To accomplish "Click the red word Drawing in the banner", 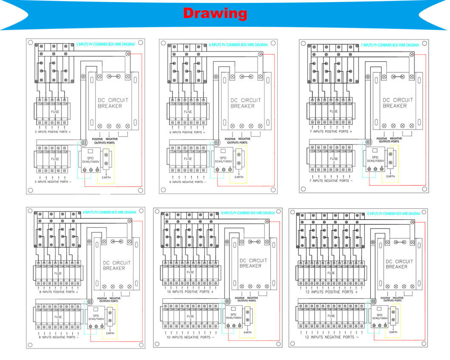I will (215, 13).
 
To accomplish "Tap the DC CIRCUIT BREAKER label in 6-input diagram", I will (245, 103).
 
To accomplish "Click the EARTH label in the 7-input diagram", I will (391, 176).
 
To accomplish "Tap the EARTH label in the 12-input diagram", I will (393, 332).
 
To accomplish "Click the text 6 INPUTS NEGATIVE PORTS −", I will (187, 182).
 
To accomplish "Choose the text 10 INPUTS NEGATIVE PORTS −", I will (190, 337).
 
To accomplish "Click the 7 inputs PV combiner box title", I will (390, 45).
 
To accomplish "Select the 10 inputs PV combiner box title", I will (247, 213).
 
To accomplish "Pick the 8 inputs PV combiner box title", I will (110, 212).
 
